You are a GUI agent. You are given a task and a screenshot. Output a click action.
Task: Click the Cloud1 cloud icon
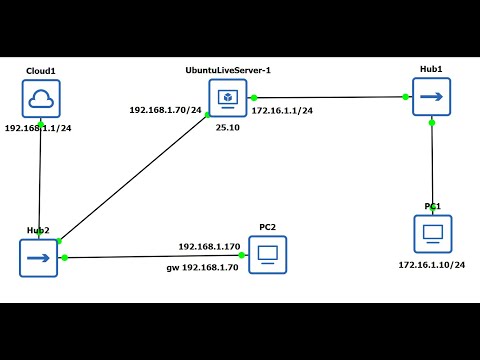point(41,99)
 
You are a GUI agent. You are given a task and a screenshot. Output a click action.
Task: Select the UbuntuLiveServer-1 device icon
point(227,98)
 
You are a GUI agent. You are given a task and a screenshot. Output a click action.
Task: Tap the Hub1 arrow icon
point(431,98)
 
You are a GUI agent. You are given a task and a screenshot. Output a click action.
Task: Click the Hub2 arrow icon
point(38,258)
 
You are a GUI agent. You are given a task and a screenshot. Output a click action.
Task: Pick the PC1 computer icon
point(433,233)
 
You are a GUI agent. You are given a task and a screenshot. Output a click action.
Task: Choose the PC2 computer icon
point(267,255)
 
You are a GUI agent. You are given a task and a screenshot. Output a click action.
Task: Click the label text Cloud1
point(41,72)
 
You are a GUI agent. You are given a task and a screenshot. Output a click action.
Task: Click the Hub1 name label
point(431,69)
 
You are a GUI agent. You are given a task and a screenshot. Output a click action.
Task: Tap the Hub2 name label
point(38,230)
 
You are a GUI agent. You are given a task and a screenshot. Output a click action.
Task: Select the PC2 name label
point(267,227)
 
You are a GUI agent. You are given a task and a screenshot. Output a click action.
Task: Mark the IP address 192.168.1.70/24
point(165,109)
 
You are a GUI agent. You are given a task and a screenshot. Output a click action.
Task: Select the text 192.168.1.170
point(209,246)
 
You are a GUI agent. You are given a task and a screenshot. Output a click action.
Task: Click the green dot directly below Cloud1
point(40,122)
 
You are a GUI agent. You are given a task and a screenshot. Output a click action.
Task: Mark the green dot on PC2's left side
point(242,255)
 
